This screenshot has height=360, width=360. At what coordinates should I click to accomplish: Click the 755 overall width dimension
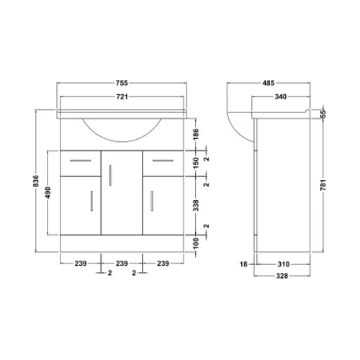point(122,83)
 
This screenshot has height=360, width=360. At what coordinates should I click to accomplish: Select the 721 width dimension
point(122,96)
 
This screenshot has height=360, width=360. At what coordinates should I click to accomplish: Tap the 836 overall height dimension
point(36,181)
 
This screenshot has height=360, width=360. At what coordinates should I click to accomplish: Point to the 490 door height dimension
point(48,192)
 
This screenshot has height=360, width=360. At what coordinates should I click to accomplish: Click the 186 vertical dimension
point(196,134)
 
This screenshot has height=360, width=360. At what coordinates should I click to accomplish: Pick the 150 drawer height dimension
point(196,163)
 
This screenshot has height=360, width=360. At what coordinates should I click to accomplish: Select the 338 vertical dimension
point(196,205)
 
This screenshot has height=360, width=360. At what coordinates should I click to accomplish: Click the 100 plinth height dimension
point(196,243)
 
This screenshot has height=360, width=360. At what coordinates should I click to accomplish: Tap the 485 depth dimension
point(269,83)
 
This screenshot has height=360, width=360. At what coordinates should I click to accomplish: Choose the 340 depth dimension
point(281,96)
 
